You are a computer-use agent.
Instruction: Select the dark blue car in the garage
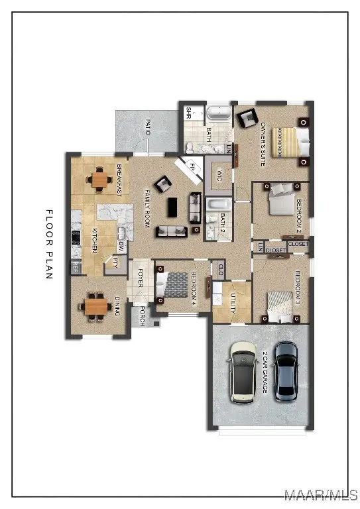pos(286,372)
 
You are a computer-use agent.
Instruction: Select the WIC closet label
pos(219,176)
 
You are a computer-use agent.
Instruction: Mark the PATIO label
pos(147,127)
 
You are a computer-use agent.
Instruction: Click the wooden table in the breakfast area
pos(100,179)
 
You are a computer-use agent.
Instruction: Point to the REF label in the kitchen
pos(76,267)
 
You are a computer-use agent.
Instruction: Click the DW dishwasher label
pos(122,245)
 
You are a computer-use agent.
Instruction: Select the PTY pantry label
pos(115,262)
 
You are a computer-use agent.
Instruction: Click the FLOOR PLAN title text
pos(48,245)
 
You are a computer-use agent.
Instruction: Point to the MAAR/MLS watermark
pos(321,495)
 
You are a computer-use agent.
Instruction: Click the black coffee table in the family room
pos(172,207)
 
